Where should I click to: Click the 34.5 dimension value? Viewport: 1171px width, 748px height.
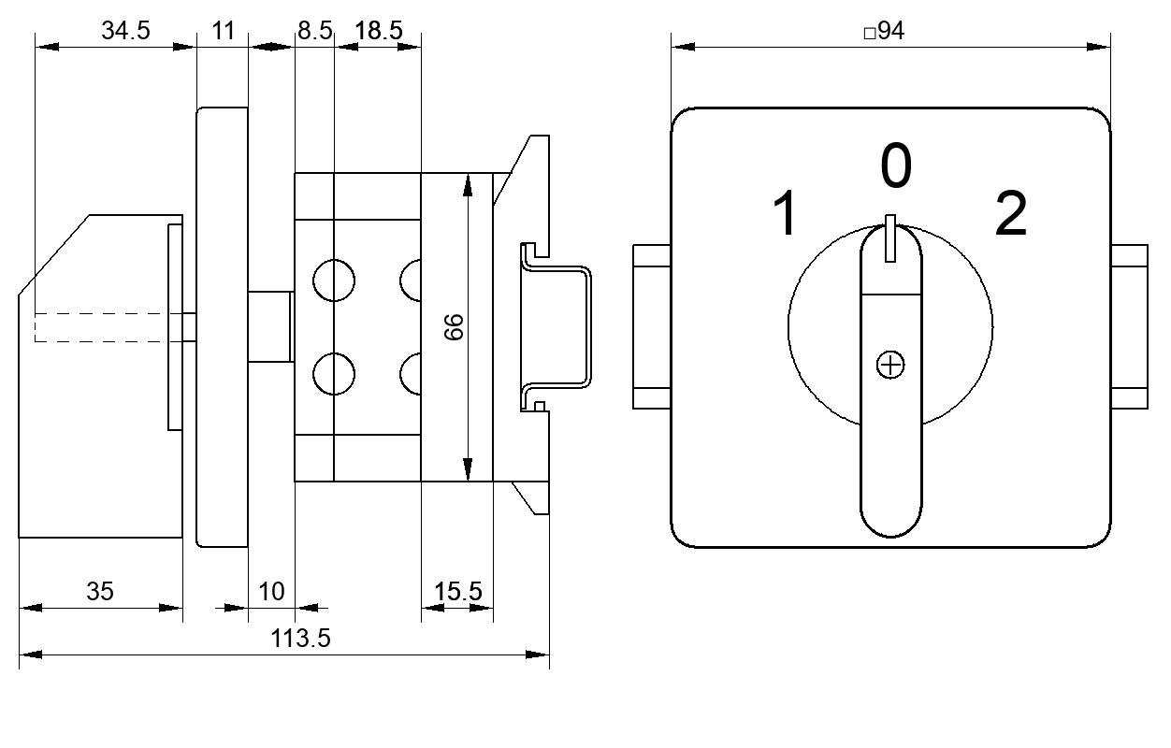click(x=125, y=30)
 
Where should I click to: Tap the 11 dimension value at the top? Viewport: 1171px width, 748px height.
click(x=224, y=30)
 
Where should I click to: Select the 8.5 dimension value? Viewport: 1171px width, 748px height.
click(x=314, y=30)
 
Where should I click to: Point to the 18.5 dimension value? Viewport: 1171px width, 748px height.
click(x=379, y=30)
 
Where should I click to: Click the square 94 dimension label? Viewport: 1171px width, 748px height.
click(x=884, y=31)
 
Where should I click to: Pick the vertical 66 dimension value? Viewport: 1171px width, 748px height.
click(x=454, y=327)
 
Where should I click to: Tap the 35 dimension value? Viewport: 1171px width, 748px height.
click(x=100, y=591)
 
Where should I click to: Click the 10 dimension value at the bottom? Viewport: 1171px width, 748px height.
click(x=271, y=591)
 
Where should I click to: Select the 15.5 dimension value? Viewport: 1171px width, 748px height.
click(x=458, y=591)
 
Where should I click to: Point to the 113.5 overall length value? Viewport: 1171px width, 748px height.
click(x=300, y=639)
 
